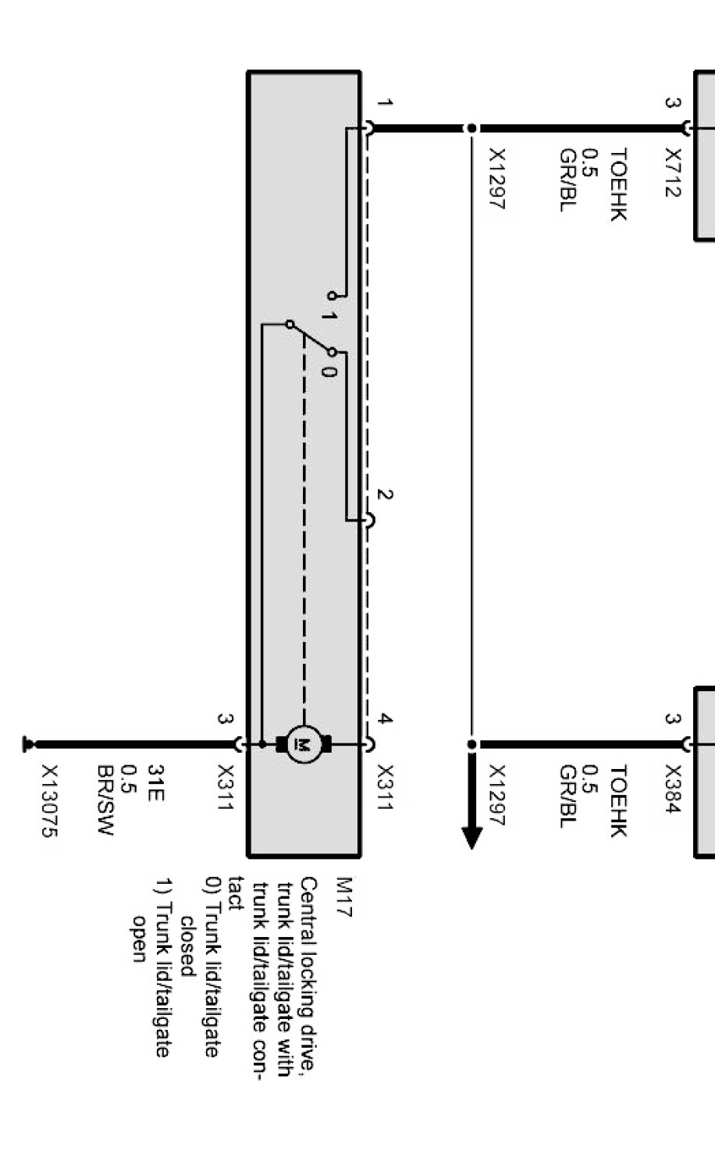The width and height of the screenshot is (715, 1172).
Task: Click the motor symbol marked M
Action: [x=304, y=744]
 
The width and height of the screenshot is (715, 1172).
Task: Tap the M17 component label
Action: [x=343, y=896]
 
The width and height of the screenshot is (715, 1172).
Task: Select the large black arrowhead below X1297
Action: [x=471, y=835]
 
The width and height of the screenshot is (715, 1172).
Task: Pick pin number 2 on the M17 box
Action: [x=384, y=495]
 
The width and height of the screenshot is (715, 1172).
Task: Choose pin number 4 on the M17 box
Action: [x=384, y=720]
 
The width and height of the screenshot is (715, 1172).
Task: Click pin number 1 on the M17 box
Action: [x=384, y=102]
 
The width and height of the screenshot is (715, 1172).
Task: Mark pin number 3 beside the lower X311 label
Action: [x=225, y=720]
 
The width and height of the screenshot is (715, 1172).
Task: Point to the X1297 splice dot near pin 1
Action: [x=471, y=128]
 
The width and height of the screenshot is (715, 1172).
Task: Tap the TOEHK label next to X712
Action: [x=618, y=185]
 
